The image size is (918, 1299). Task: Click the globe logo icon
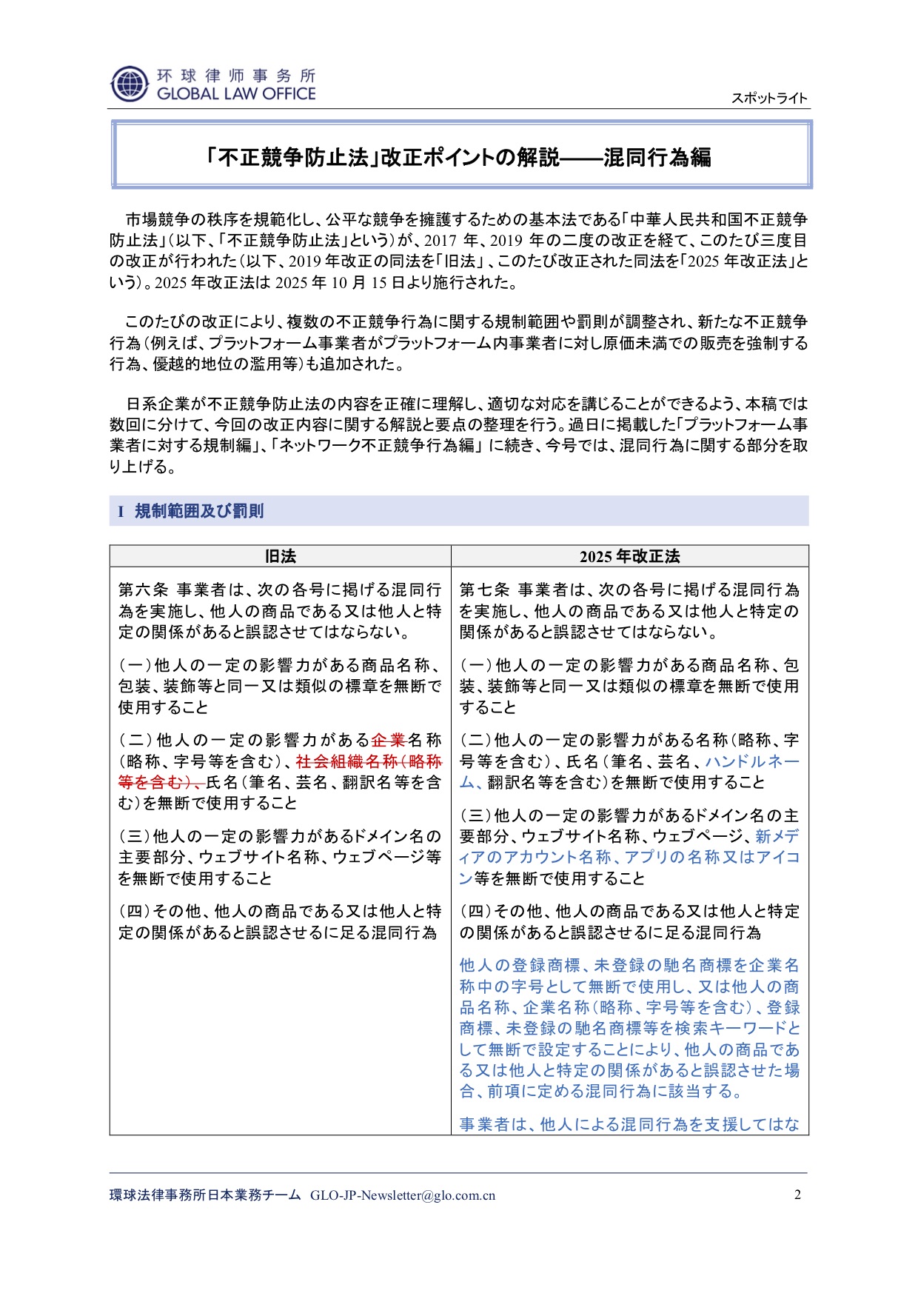tap(130, 84)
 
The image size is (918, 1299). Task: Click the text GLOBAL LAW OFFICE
tap(236, 94)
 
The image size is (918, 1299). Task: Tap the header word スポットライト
tap(769, 98)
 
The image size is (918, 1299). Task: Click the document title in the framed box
tap(459, 157)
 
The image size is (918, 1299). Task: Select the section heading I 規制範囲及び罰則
tap(191, 511)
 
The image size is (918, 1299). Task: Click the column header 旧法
tap(280, 556)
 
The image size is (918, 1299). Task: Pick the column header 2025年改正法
tap(629, 556)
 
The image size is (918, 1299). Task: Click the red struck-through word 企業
tap(389, 740)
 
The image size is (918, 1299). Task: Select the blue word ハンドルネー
tap(751, 761)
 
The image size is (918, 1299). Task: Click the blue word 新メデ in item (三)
tap(777, 836)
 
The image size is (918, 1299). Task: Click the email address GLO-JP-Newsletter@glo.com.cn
tap(403, 1195)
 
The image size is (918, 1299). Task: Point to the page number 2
tap(797, 1195)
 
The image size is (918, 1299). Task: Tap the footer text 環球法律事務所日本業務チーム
tap(205, 1195)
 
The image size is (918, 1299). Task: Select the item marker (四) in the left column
tap(133, 911)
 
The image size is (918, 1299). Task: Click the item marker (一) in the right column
tap(475, 666)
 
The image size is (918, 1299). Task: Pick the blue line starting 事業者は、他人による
tap(629, 1124)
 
